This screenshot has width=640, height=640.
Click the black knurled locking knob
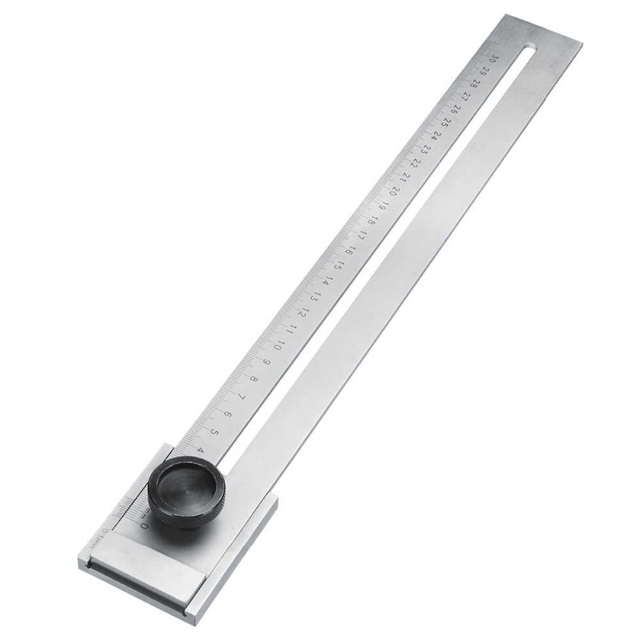point(186,492)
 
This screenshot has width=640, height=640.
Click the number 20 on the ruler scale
point(394,190)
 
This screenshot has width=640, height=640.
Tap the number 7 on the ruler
point(241,397)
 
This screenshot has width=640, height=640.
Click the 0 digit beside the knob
point(144,526)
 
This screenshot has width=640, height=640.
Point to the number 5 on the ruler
point(214,432)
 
